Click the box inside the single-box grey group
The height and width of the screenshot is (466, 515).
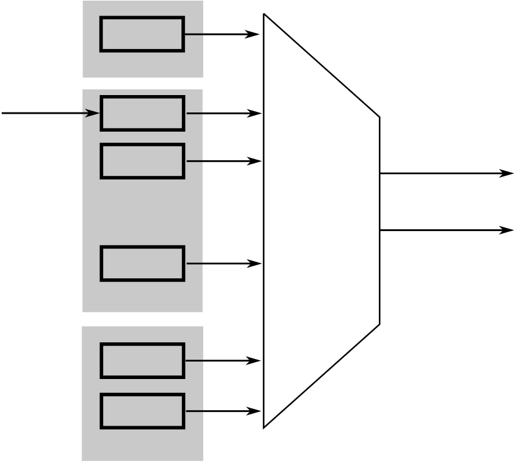(x=142, y=34)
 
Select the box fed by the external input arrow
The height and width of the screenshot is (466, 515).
(x=142, y=113)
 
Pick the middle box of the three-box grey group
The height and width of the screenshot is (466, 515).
(x=142, y=161)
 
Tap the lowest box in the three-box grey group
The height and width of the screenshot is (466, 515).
(x=142, y=263)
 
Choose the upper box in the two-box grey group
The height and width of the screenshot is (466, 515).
(x=142, y=360)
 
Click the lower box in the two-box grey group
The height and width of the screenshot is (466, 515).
(x=142, y=411)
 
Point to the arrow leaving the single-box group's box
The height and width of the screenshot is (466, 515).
(x=221, y=34)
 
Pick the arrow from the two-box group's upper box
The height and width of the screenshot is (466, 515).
(x=222, y=360)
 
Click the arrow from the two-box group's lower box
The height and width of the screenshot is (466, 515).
(x=222, y=411)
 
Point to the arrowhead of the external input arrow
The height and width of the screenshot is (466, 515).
(x=93, y=113)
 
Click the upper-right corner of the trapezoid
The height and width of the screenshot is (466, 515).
(x=380, y=116)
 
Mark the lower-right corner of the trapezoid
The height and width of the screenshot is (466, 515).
(x=380, y=324)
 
